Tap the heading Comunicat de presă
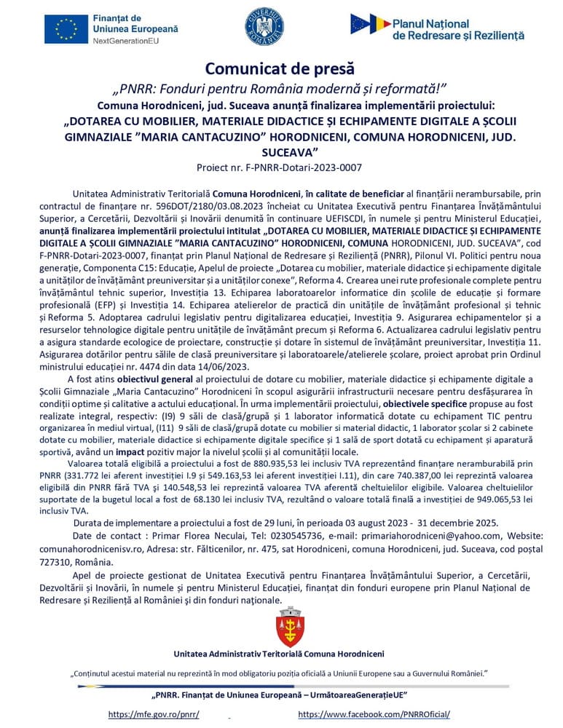(280, 68)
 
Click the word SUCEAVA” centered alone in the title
(280, 153)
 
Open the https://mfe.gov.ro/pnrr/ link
(154, 714)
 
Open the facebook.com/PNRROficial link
(374, 714)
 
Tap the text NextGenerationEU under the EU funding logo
(135, 41)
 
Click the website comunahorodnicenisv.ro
(94, 549)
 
